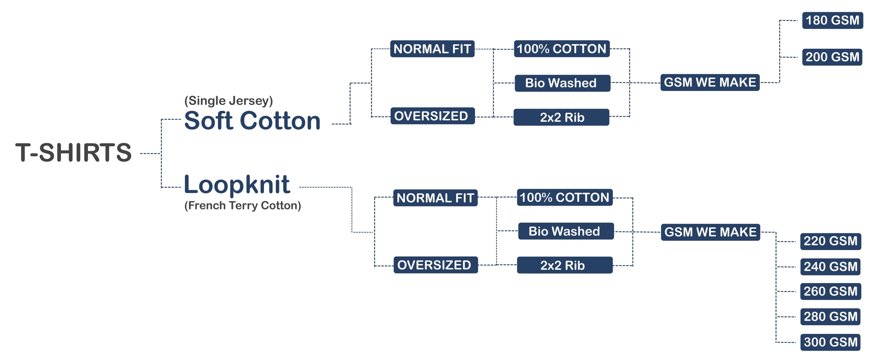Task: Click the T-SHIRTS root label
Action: (73, 152)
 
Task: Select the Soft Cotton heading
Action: (252, 120)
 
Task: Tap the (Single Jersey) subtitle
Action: (229, 101)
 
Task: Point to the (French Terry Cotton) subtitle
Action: (243, 206)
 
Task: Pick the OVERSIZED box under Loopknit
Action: (436, 265)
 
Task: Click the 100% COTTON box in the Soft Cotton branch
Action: (562, 48)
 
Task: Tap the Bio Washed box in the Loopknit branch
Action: (566, 231)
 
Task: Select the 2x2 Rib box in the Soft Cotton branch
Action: (561, 117)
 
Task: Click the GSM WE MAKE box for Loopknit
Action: (710, 232)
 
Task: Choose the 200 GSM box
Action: (832, 57)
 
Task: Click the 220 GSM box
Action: (831, 241)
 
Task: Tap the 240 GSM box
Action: (830, 267)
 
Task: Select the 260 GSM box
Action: (831, 291)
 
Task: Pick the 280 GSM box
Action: (830, 317)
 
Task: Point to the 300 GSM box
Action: (830, 342)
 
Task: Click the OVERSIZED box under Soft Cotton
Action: (433, 116)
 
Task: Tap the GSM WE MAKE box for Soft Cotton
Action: (710, 82)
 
